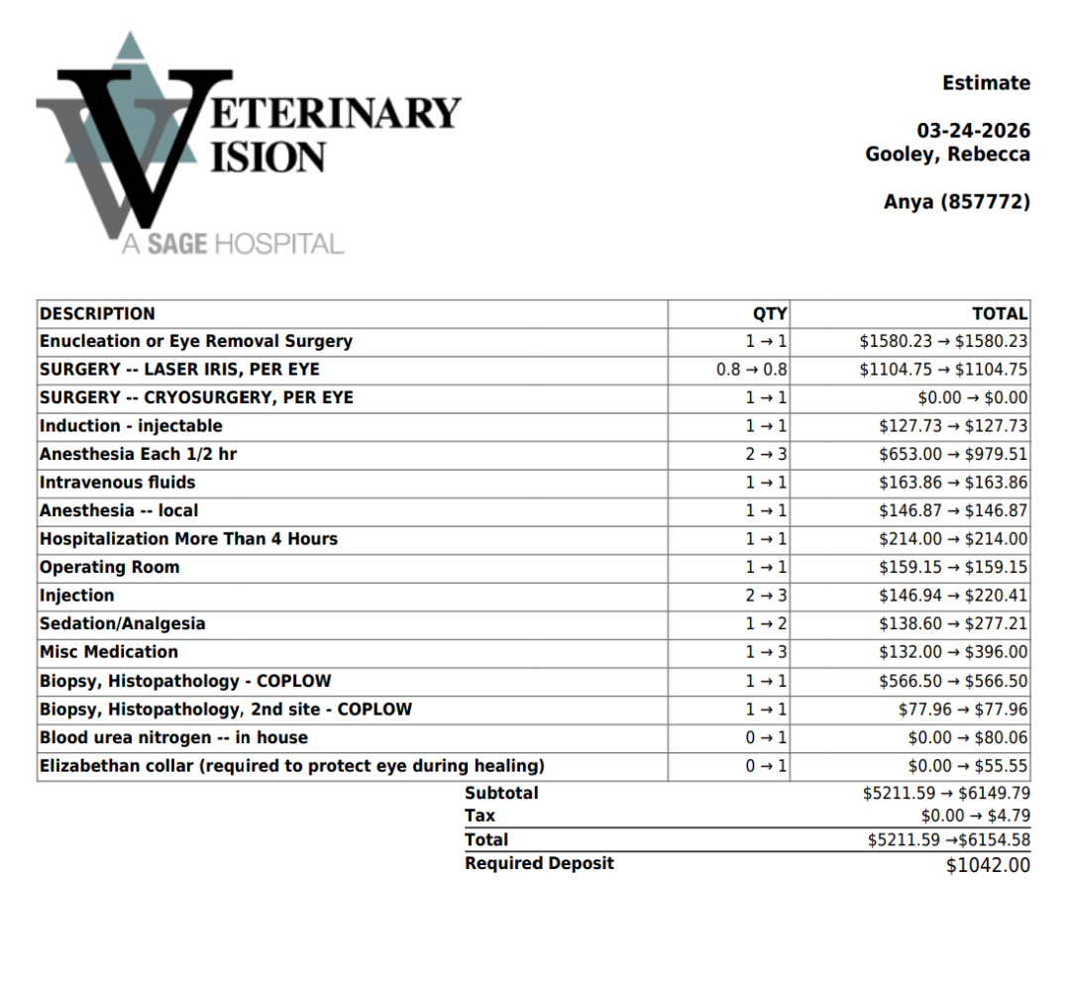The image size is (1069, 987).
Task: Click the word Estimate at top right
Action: (986, 83)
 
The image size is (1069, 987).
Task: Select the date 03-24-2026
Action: (973, 131)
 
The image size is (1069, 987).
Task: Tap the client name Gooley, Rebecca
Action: (947, 155)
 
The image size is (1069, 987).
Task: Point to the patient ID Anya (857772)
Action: (956, 202)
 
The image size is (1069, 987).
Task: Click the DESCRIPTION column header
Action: (97, 314)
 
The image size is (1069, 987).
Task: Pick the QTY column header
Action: (769, 314)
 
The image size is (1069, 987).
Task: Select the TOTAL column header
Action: (999, 314)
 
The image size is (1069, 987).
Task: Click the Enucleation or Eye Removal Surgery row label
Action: (195, 342)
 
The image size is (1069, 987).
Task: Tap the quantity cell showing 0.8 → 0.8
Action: (751, 370)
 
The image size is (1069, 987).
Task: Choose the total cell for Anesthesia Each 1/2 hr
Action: (952, 455)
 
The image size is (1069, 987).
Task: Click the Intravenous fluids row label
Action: (117, 483)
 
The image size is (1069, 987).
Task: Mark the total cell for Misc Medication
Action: (952, 652)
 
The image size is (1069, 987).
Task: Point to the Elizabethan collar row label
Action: (291, 766)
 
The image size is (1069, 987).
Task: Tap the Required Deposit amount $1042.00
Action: (988, 865)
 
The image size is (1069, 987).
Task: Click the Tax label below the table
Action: (480, 817)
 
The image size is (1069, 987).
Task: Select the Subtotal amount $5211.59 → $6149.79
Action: (945, 794)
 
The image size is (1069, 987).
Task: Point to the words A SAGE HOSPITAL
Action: (232, 244)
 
